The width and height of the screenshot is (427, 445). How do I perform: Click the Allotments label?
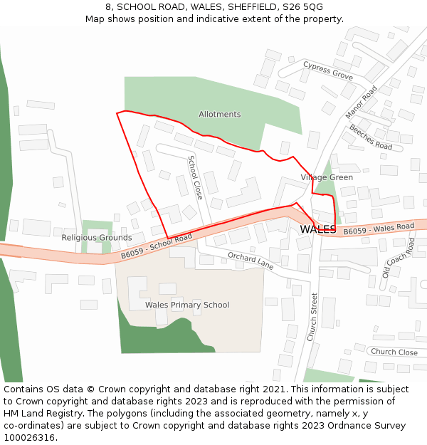[x=219, y=115]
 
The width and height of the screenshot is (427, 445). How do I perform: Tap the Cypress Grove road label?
[x=328, y=70]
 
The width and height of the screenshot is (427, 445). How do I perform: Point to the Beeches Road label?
[x=370, y=137]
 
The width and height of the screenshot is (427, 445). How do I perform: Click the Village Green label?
[x=327, y=177]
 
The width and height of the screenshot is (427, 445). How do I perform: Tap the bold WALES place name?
[x=318, y=229]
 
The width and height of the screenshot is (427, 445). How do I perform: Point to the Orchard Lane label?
[x=251, y=260]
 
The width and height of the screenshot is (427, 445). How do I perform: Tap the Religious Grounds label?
[x=97, y=238]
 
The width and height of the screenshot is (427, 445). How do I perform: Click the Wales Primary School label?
[x=187, y=305]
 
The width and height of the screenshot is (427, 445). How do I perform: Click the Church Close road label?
[x=394, y=352]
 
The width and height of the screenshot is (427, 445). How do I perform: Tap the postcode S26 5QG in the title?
[x=302, y=6]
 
